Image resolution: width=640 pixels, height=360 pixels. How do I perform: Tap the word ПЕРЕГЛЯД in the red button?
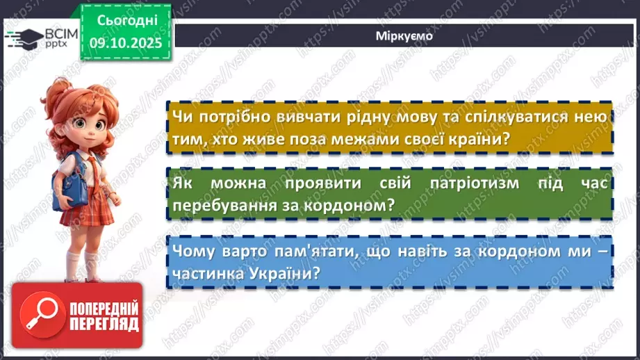[103, 324]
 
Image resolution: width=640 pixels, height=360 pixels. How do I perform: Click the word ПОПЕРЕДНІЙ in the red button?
[103, 308]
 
